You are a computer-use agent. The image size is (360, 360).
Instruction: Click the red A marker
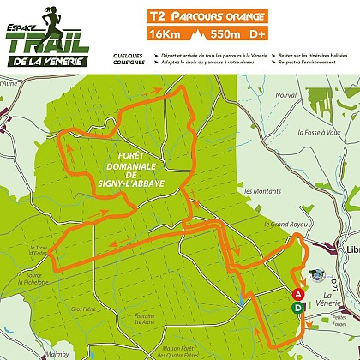(297, 294)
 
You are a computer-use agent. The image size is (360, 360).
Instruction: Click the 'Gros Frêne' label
(83, 309)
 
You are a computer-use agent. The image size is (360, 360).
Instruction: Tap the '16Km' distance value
(166, 34)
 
